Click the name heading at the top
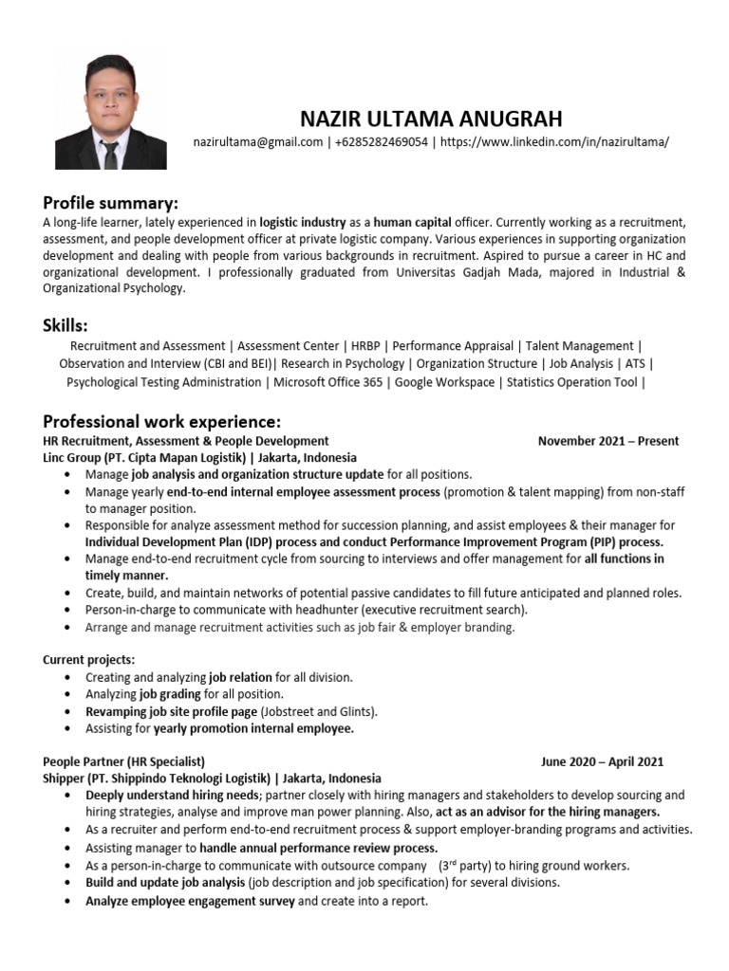click(x=431, y=119)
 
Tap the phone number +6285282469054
click(x=381, y=141)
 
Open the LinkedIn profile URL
click(x=554, y=141)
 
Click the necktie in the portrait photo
click(x=111, y=153)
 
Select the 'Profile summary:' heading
click(x=110, y=203)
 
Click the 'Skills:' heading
click(x=65, y=326)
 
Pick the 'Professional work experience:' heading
click(x=162, y=421)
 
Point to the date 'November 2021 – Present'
click(x=607, y=441)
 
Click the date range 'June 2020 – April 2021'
click(x=602, y=761)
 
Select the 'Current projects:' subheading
click(x=89, y=659)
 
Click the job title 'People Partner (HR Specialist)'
click(x=124, y=761)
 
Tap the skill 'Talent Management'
click(x=579, y=346)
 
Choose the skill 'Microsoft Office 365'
click(x=328, y=382)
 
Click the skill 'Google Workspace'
click(x=444, y=382)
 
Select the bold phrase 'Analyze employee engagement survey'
click(x=190, y=901)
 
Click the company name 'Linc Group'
click(x=74, y=457)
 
